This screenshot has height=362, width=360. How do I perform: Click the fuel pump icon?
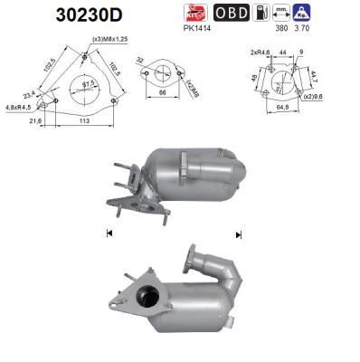(x=261, y=14)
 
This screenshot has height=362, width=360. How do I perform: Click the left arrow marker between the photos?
(x=109, y=233)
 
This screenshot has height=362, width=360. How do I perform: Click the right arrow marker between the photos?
(x=239, y=233)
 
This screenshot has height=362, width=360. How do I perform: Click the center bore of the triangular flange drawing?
(x=88, y=86)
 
